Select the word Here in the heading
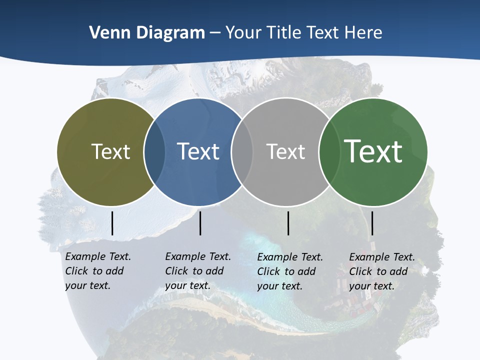363,32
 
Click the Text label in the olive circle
110,151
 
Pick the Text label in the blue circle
198,151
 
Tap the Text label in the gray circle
285,151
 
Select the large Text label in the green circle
373,151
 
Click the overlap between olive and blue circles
154,151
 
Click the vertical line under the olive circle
112,223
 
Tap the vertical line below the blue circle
200,223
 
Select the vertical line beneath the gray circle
288,223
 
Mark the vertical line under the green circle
372,223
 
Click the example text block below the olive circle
98,271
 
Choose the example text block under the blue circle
198,271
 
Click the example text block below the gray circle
290,271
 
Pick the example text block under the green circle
382,271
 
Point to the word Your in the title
243,32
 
